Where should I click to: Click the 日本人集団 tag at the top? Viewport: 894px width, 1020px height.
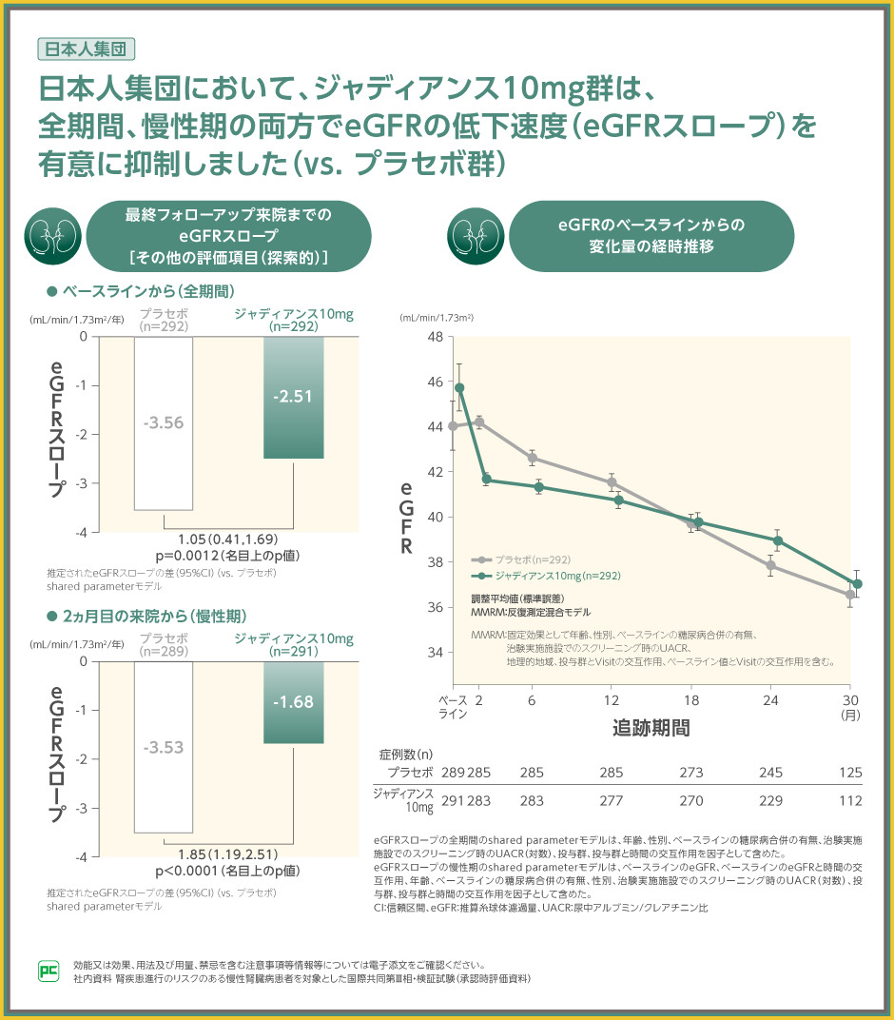point(85,49)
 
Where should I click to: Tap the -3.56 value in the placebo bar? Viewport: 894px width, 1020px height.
point(164,422)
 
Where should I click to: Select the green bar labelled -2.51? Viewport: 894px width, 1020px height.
point(293,397)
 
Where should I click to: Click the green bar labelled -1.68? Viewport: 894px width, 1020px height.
point(293,702)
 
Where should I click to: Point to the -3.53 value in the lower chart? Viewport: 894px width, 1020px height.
point(164,748)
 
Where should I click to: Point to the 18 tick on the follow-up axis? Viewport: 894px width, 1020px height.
point(691,700)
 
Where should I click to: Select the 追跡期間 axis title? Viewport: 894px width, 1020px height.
point(651,729)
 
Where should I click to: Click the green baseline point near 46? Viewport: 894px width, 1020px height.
point(459,387)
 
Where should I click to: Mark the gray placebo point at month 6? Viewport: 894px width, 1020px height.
point(532,459)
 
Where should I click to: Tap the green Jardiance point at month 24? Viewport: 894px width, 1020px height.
point(778,540)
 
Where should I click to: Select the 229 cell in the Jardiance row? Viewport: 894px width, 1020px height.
point(772,801)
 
